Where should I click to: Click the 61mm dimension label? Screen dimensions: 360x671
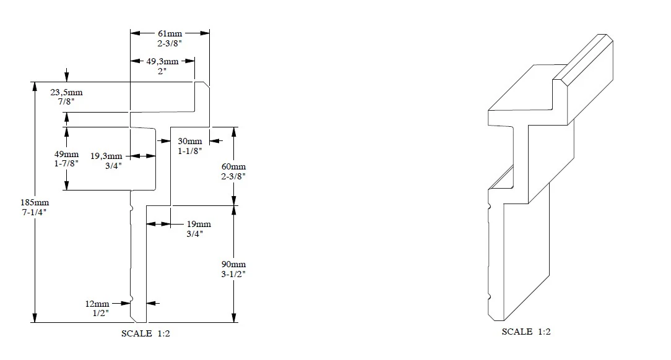click(170, 33)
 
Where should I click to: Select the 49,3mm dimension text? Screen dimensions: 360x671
click(162, 61)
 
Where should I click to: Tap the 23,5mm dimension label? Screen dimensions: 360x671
click(66, 92)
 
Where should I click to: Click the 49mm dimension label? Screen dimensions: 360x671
click(67, 154)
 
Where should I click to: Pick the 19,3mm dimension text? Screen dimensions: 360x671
click(106, 156)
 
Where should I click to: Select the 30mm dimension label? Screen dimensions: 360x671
click(190, 142)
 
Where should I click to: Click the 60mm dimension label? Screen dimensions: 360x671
click(234, 167)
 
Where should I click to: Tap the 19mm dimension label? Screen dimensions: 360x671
click(199, 224)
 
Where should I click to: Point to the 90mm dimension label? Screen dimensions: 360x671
click(234, 264)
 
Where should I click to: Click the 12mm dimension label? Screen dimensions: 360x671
click(97, 304)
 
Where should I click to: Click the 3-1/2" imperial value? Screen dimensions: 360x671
click(234, 273)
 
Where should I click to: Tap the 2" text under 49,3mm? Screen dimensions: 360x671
click(162, 71)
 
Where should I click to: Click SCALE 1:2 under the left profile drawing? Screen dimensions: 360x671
click(145, 334)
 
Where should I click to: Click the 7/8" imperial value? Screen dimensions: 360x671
click(66, 101)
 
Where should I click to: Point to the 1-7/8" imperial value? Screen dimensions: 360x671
click(67, 163)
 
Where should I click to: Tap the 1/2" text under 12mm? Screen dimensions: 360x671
click(97, 313)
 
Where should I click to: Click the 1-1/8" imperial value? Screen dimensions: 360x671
click(190, 151)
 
